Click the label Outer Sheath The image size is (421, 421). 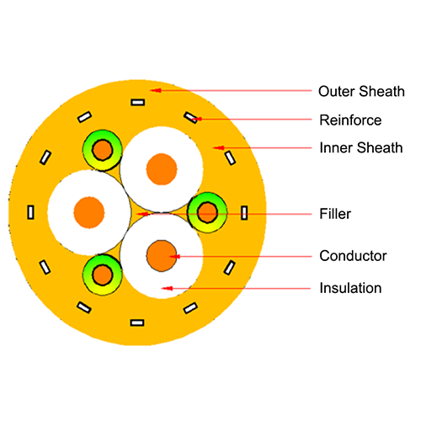pos(361,92)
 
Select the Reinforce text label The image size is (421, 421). pos(350,120)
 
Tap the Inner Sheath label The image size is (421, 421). pos(361,147)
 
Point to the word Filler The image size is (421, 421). pos(335,214)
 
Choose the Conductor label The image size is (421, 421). pos(353,256)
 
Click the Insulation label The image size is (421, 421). pos(350,288)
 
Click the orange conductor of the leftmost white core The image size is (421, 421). pos(89,212)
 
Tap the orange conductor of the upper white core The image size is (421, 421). pos(162,169)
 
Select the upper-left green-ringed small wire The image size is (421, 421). pos(103,150)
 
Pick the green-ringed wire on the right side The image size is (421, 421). pos(207,213)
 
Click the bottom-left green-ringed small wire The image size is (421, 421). pos(103,275)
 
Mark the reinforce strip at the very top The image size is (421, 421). pos(138,103)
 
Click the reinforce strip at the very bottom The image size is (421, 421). pos(137,322)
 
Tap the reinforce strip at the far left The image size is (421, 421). pos(30,212)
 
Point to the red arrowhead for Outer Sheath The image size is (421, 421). pos(156,90)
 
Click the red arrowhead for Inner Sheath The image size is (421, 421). pos(218,147)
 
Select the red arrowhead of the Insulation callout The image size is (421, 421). pos(167,288)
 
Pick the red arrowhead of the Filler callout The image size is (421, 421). pos(142,214)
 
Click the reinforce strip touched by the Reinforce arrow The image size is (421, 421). pos(191,117)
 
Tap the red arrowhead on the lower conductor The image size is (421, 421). pos(175,256)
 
